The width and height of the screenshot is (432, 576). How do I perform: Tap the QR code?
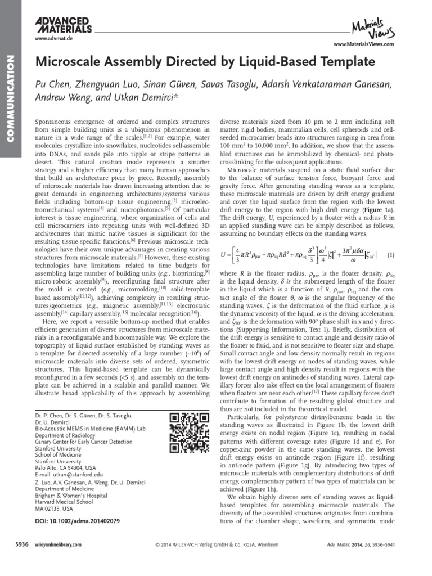(x=184, y=433)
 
